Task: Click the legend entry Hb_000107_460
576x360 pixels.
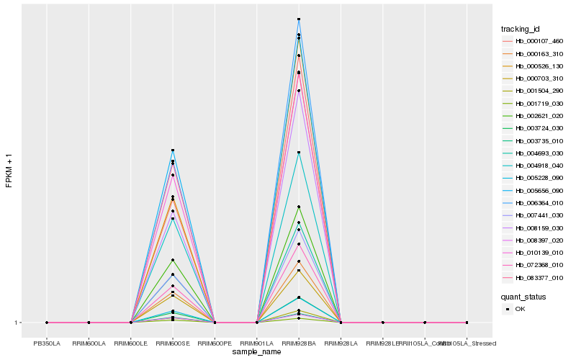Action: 534,41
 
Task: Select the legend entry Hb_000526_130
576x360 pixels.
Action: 534,66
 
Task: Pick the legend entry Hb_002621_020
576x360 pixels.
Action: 534,116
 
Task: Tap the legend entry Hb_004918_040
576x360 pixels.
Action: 534,166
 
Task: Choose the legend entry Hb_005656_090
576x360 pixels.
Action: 534,191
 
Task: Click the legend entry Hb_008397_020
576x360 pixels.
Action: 534,240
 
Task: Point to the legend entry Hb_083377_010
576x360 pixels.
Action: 534,278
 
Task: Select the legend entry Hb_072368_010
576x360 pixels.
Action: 534,266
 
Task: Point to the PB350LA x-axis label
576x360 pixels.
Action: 47,333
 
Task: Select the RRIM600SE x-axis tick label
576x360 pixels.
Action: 173,333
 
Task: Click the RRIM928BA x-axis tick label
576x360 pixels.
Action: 299,333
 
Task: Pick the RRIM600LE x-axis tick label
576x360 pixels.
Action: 131,333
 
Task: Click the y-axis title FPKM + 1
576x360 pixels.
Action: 9,171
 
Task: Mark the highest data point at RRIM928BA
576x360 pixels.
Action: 299,19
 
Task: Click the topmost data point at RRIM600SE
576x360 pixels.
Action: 173,150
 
